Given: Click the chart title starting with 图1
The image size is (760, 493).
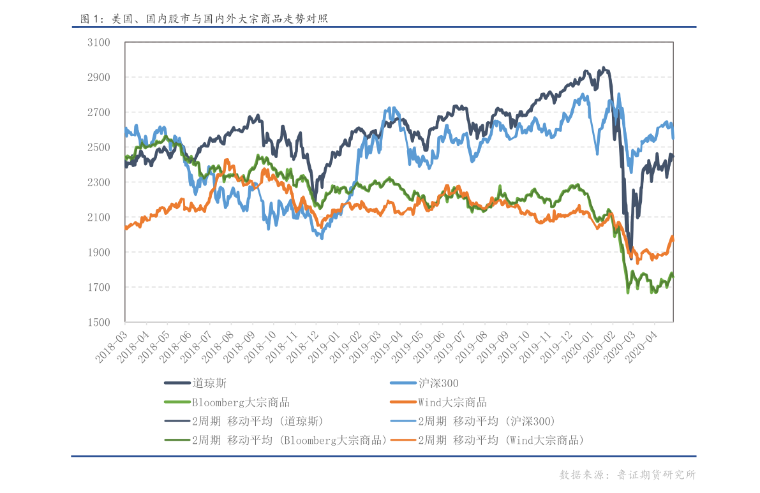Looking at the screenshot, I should coord(204,19).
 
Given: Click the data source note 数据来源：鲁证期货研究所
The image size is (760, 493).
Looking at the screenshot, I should coord(627,475).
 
